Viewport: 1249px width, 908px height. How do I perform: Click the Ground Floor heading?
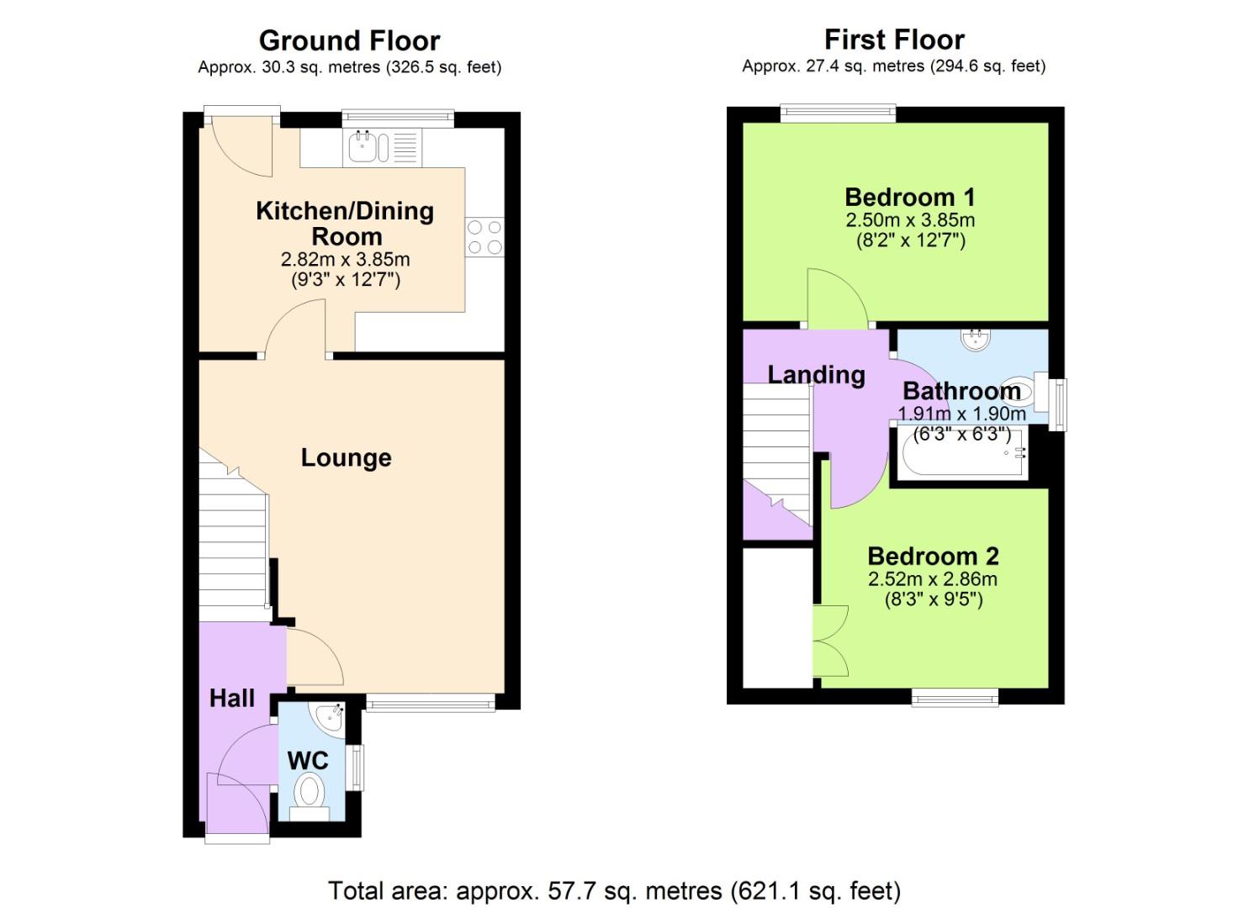pyautogui.click(x=349, y=40)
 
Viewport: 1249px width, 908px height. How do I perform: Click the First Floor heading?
pyautogui.click(x=894, y=40)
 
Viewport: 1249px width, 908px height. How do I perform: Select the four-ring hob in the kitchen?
pyautogui.click(x=484, y=236)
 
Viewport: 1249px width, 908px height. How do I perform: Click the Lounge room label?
pyautogui.click(x=346, y=457)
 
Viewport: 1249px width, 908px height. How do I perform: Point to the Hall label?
pyautogui.click(x=232, y=698)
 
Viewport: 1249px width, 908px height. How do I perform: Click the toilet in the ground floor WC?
pyautogui.click(x=310, y=792)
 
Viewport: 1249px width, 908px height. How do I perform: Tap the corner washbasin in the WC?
pyautogui.click(x=330, y=718)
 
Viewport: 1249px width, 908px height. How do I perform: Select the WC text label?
pyautogui.click(x=308, y=760)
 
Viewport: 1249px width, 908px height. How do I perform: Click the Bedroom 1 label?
pyautogui.click(x=910, y=197)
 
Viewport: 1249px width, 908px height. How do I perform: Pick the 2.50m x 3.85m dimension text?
pyautogui.click(x=910, y=220)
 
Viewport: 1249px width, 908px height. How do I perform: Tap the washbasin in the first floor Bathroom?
pyautogui.click(x=976, y=340)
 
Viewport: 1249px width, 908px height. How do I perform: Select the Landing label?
pyautogui.click(x=816, y=374)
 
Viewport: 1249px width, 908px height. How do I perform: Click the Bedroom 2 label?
pyautogui.click(x=933, y=556)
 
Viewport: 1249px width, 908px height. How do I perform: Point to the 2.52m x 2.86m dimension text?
pyautogui.click(x=933, y=578)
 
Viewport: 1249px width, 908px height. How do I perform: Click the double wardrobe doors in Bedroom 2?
pyautogui.click(x=830, y=641)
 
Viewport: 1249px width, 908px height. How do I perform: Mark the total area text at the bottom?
pyautogui.click(x=614, y=890)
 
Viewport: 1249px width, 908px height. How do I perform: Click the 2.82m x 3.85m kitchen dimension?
pyautogui.click(x=345, y=259)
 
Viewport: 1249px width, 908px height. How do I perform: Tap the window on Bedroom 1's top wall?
pyautogui.click(x=838, y=113)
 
